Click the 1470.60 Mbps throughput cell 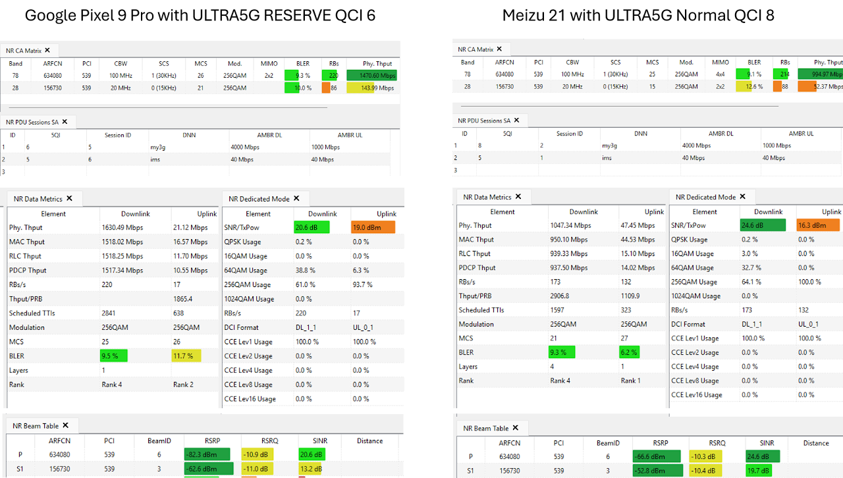coord(371,75)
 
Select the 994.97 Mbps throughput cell coord(821,74)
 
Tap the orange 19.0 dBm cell coord(373,227)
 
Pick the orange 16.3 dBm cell coord(818,225)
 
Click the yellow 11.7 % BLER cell coord(186,356)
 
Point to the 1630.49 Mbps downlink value coord(122,227)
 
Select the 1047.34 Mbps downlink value coord(570,225)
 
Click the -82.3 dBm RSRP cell coord(207,454)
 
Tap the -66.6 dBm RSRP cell coord(657,456)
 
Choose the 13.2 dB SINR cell coord(310,469)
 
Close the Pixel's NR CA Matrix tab coord(47,50)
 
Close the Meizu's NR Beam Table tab coord(516,427)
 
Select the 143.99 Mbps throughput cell coord(371,88)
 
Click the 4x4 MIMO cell coord(721,74)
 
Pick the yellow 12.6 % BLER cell coord(749,86)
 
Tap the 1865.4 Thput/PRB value coord(183,299)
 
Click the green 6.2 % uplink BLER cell coord(629,352)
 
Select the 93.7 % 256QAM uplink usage coord(362,284)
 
